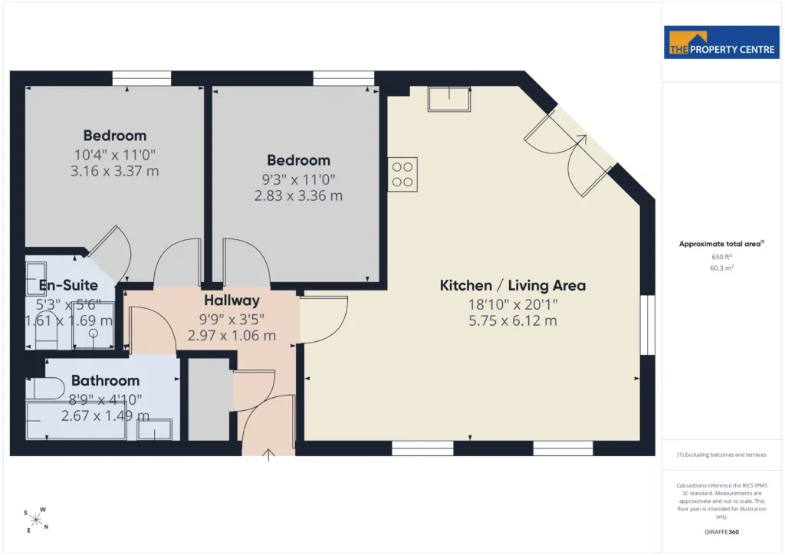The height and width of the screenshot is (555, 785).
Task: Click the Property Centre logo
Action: tap(721, 42)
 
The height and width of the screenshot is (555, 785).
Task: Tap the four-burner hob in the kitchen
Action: tap(402, 175)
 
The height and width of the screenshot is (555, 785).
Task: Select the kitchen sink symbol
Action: tap(449, 99)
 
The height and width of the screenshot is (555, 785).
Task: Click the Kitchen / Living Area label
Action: tap(513, 285)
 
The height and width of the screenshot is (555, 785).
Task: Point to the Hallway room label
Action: tap(232, 300)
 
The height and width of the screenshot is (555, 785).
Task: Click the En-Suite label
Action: tap(68, 285)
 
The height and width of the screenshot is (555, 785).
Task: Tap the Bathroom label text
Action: tap(105, 380)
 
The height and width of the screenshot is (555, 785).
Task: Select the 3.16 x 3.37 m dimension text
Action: tap(115, 171)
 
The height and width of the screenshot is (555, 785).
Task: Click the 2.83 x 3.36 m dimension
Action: tap(298, 195)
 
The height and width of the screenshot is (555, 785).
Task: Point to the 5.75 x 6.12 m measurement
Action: tap(513, 320)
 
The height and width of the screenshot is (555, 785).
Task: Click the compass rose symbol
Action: tap(36, 521)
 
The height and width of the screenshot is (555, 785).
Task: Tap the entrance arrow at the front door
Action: tap(268, 455)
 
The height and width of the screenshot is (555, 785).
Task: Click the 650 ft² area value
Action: tap(721, 257)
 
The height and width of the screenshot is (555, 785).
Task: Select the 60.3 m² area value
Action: tap(721, 268)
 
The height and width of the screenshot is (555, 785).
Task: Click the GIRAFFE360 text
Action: tap(721, 532)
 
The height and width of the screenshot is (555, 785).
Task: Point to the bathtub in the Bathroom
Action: tap(76, 420)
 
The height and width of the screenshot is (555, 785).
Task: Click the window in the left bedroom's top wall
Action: tap(142, 78)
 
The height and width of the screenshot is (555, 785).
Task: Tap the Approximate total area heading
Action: tap(721, 244)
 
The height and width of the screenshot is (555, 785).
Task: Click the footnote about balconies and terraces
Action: tap(721, 455)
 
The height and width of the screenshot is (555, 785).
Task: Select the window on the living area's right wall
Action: tap(647, 325)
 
